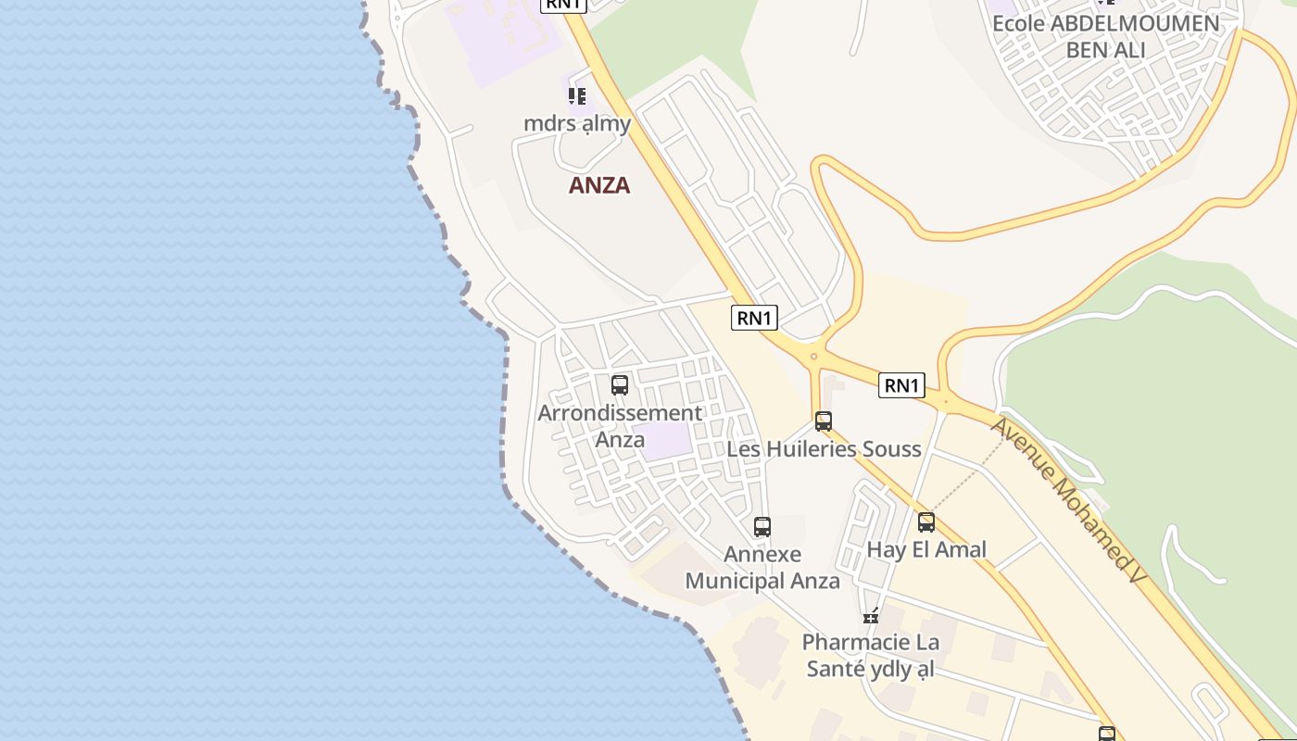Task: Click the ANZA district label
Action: (599, 185)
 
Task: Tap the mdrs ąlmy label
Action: (577, 123)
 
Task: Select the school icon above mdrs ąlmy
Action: (577, 95)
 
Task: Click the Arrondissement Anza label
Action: (620, 426)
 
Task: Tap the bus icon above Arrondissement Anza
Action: (620, 385)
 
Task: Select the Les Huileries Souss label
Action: (824, 449)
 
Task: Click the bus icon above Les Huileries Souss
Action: (824, 421)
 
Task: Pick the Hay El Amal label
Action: (926, 549)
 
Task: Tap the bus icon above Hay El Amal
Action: (926, 522)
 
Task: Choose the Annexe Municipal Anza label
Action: (762, 568)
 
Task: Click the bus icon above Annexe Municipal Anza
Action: (762, 527)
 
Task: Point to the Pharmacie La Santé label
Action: (870, 655)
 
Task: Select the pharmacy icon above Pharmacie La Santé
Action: (871, 615)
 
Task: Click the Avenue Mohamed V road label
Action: (1068, 500)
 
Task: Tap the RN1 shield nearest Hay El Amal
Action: (901, 385)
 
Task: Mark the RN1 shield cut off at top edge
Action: (563, 5)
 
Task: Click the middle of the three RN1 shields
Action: (754, 318)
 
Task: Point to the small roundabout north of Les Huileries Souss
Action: (813, 356)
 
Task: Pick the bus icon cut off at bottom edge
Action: (1107, 735)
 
